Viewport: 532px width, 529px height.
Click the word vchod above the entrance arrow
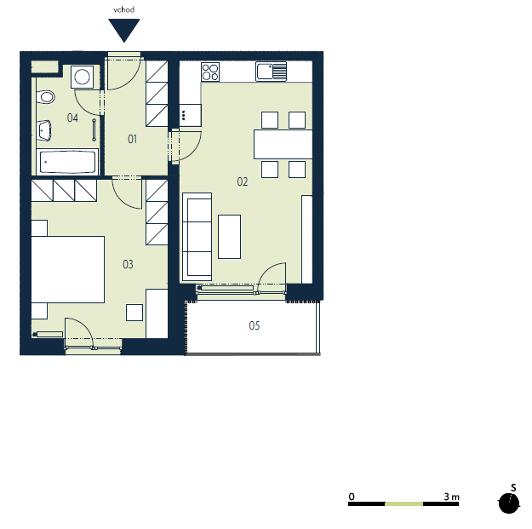[x=123, y=9]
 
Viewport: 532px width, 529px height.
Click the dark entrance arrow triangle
[x=123, y=29]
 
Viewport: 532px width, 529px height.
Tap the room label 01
[x=132, y=139]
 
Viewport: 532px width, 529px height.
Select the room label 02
[x=243, y=181]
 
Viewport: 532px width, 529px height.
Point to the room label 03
[x=128, y=264]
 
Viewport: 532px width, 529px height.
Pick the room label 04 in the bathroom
[x=72, y=118]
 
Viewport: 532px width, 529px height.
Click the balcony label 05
[x=255, y=325]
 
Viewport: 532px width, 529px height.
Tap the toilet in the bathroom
[x=45, y=97]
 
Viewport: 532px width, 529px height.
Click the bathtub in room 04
[x=67, y=162]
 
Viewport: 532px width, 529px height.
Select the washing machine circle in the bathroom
[x=82, y=77]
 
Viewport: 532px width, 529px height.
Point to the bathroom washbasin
[x=44, y=130]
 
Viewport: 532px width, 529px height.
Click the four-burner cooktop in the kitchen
[x=210, y=72]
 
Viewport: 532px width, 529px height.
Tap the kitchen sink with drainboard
[x=271, y=72]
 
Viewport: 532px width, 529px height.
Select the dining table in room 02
[x=283, y=144]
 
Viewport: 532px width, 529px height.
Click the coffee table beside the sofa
[x=229, y=237]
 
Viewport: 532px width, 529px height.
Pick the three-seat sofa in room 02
[x=197, y=237]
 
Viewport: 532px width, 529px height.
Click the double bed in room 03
[x=68, y=269]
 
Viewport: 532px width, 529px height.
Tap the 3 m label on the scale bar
[x=452, y=497]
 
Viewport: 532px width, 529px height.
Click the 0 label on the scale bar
[x=352, y=497]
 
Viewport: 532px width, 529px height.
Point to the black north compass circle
[x=509, y=503]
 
